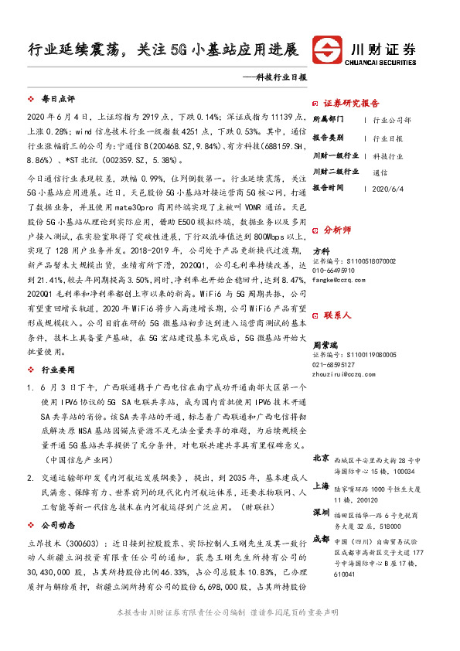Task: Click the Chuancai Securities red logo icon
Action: [x=328, y=51]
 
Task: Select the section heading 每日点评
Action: [x=57, y=101]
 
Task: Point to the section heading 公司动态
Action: [x=57, y=523]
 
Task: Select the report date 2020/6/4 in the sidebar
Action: [x=388, y=188]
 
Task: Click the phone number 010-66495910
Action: [x=334, y=271]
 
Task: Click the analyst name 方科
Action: [x=321, y=251]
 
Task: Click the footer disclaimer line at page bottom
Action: [x=230, y=633]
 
